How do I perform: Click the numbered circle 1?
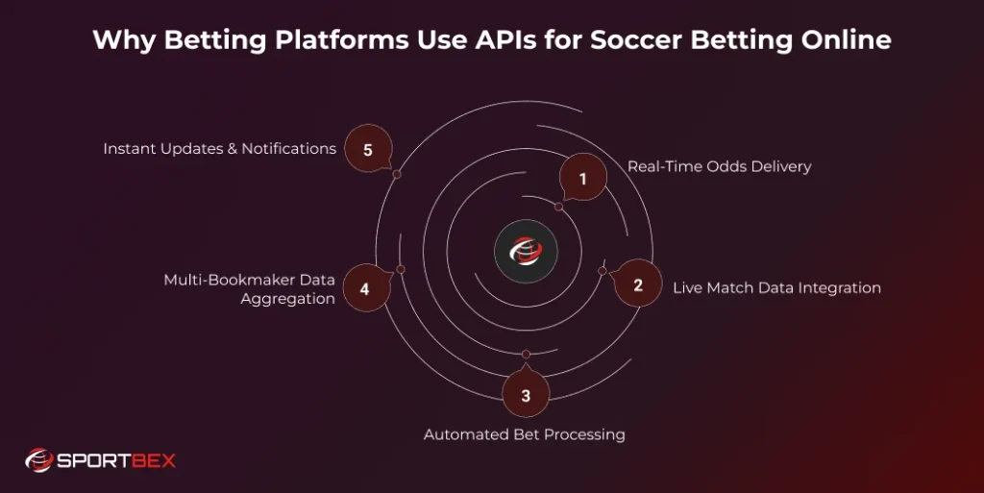[582, 177]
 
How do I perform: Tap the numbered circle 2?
[638, 284]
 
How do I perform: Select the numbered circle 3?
[526, 395]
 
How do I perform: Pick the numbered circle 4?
[364, 287]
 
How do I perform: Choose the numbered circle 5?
[368, 149]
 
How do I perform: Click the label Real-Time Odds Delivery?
[719, 166]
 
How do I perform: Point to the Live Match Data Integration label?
[776, 287]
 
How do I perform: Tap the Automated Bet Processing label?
[525, 434]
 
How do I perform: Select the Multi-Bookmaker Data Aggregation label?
[249, 289]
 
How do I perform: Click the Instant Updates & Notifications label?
[219, 149]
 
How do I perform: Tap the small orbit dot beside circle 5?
[397, 174]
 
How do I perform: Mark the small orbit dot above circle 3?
[526, 355]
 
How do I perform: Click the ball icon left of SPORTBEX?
[38, 460]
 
